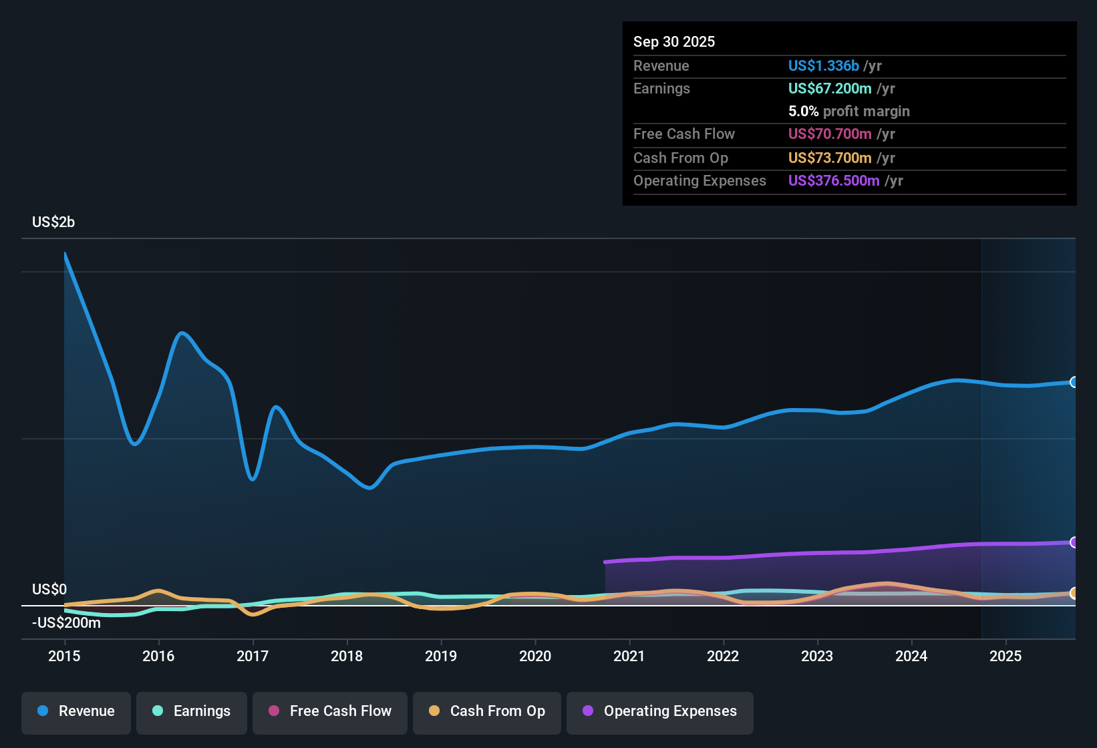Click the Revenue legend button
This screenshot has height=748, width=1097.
(x=76, y=712)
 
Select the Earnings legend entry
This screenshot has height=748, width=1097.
(x=192, y=712)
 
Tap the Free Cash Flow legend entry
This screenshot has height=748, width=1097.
(x=330, y=712)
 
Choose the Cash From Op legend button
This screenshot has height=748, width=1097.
(x=487, y=712)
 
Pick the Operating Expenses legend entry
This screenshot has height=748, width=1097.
(x=660, y=712)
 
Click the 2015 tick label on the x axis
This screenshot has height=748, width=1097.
(x=64, y=657)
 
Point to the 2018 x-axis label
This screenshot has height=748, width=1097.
(x=347, y=657)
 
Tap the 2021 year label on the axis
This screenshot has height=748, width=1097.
(x=629, y=657)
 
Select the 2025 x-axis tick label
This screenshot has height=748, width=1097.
(x=1005, y=657)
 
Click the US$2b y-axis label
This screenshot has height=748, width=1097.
(x=53, y=222)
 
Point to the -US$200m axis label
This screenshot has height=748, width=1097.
(x=66, y=623)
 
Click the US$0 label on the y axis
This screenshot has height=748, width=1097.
(x=49, y=590)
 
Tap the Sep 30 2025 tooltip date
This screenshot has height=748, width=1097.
(x=673, y=42)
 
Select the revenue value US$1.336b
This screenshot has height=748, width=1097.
(x=823, y=66)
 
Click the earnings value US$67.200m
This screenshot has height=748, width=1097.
(x=829, y=89)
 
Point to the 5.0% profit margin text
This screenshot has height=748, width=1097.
(x=848, y=112)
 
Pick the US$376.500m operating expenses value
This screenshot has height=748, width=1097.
(x=833, y=181)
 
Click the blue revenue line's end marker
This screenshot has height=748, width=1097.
(x=1074, y=382)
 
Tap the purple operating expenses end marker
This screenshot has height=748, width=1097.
(x=1074, y=542)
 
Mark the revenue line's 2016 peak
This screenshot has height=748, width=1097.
(x=182, y=333)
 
